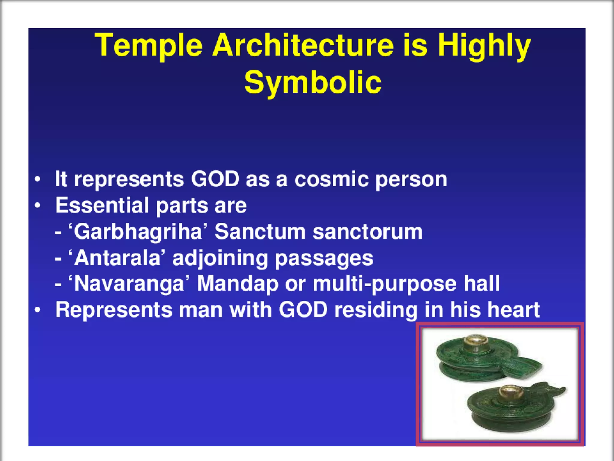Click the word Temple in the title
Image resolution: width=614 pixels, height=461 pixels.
click(148, 46)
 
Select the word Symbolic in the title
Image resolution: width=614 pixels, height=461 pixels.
click(312, 82)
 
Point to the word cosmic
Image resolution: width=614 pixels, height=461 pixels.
click(331, 179)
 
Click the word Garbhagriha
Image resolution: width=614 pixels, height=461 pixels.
click(138, 232)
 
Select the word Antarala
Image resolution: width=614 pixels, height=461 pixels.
click(117, 258)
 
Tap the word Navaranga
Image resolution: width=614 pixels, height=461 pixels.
click(129, 284)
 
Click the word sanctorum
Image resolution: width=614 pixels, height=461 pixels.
click(367, 232)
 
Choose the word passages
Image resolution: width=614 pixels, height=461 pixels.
click(324, 258)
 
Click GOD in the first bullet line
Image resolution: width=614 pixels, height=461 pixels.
click(215, 179)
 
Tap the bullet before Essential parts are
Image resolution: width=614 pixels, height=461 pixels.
click(37, 206)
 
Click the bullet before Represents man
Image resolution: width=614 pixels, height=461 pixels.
click(37, 310)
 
